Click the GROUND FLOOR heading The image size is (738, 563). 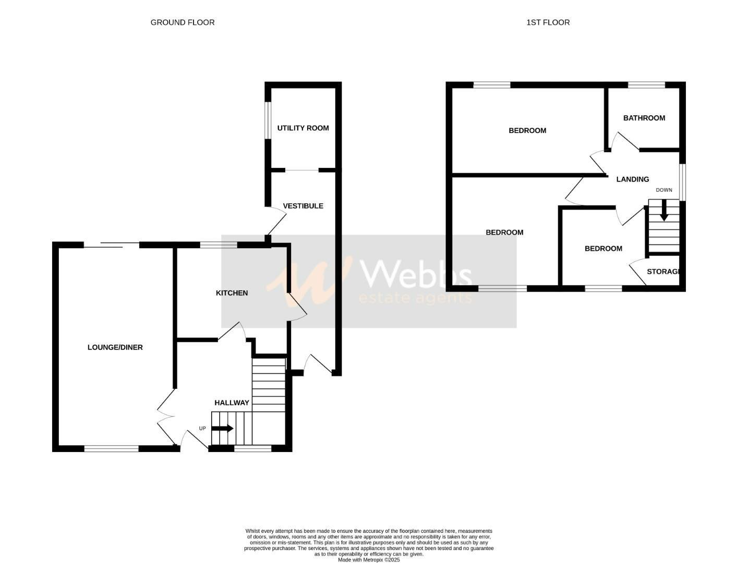[182, 22]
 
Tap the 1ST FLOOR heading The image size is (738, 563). [548, 22]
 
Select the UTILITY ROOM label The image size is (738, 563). [303, 128]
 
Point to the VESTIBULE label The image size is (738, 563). [303, 206]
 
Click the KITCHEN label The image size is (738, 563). [232, 293]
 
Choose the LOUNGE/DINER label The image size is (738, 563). [115, 347]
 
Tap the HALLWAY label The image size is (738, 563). [232, 403]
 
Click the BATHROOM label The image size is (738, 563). [644, 118]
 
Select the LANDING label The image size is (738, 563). [633, 179]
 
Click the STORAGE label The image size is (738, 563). [663, 272]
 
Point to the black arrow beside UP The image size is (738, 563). [223, 429]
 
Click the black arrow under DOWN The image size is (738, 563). [664, 211]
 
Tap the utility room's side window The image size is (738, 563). [268, 120]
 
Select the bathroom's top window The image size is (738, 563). [646, 85]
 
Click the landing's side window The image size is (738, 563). [682, 182]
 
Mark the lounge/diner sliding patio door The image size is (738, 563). [111, 244]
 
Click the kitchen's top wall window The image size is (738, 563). [219, 244]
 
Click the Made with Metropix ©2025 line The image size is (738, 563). [369, 560]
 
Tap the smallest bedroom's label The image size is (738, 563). [603, 249]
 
